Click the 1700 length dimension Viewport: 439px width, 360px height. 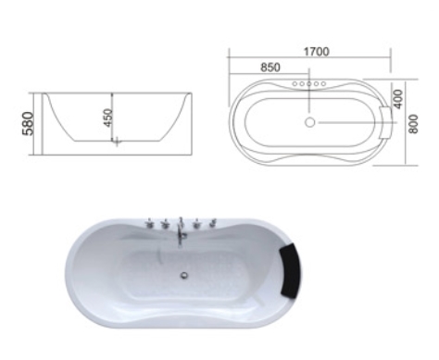pyautogui.click(x=317, y=52)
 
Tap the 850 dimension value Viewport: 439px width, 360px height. pyautogui.click(x=270, y=68)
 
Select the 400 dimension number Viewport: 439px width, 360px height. pyautogui.click(x=398, y=99)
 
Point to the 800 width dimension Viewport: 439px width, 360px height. pyautogui.click(x=413, y=124)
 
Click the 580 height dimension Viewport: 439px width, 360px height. pyautogui.click(x=28, y=124)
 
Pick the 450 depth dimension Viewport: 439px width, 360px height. pyautogui.click(x=108, y=118)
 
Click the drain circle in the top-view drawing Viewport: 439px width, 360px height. pyautogui.click(x=309, y=122)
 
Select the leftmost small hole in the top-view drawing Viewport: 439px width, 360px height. pyautogui.click(x=295, y=83)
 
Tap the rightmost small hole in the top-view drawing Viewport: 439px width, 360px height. pyautogui.click(x=323, y=83)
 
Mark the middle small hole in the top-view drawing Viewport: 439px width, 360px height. pyautogui.click(x=309, y=83)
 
